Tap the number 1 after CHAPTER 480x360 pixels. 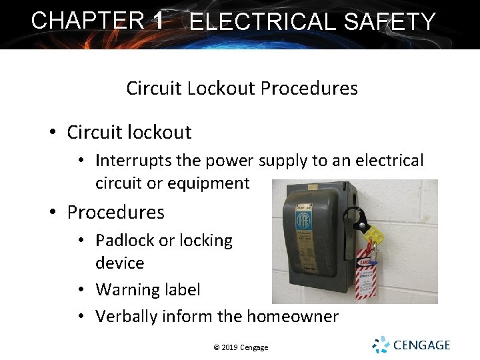point(158,20)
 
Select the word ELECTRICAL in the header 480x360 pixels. point(263,22)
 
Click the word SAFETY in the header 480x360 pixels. point(390,22)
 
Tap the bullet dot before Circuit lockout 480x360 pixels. point(52,133)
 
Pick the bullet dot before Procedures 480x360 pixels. point(52,213)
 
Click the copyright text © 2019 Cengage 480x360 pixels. point(241,347)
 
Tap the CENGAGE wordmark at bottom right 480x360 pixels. point(422,345)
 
